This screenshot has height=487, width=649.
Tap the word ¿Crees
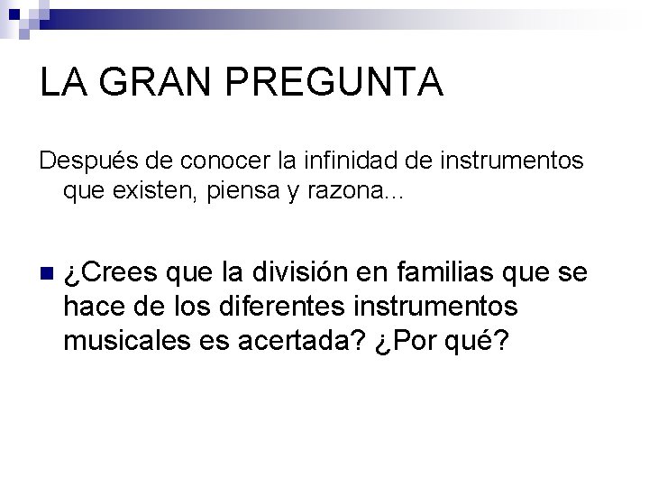(x=111, y=273)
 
